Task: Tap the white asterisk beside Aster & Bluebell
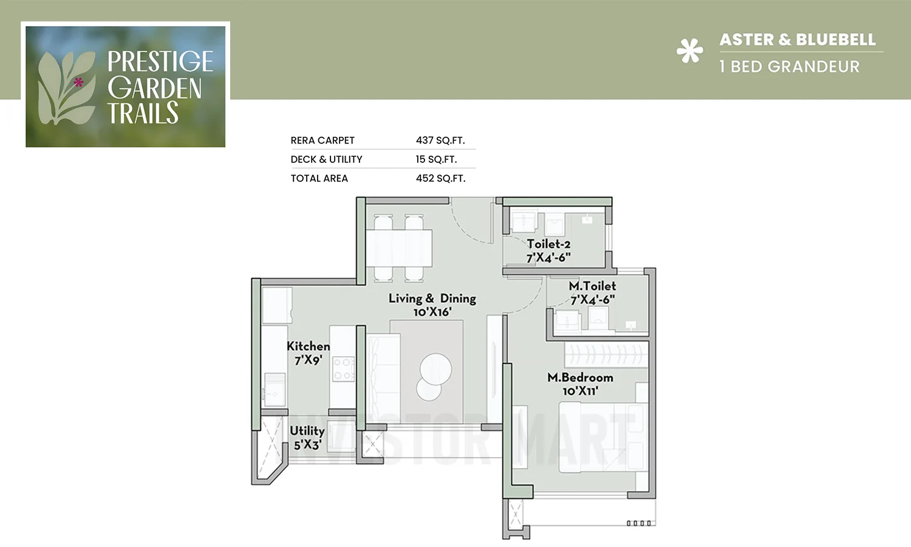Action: point(690,51)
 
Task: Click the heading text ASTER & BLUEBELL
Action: point(797,40)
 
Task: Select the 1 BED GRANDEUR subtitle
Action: point(789,67)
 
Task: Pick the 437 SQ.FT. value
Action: point(440,140)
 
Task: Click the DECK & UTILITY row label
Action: point(326,159)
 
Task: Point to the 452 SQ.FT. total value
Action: point(440,179)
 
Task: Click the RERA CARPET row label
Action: point(322,140)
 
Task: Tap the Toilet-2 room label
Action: point(548,250)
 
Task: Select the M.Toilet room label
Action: point(592,292)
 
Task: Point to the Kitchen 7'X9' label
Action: point(308,353)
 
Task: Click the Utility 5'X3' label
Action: point(307,438)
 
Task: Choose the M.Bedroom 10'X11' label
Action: point(580,384)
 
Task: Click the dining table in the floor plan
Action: point(399,248)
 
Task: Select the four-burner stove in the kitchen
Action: point(343,369)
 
